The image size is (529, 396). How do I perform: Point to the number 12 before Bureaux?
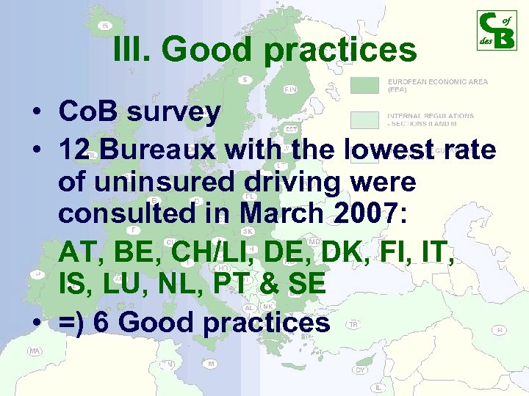click(76, 150)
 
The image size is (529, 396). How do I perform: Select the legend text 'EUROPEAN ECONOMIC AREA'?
click(437, 82)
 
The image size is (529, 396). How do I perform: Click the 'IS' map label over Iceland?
click(105, 26)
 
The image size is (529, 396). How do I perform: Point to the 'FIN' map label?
click(290, 89)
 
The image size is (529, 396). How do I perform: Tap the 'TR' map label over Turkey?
click(353, 323)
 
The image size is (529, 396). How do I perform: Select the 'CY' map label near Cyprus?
click(361, 370)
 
